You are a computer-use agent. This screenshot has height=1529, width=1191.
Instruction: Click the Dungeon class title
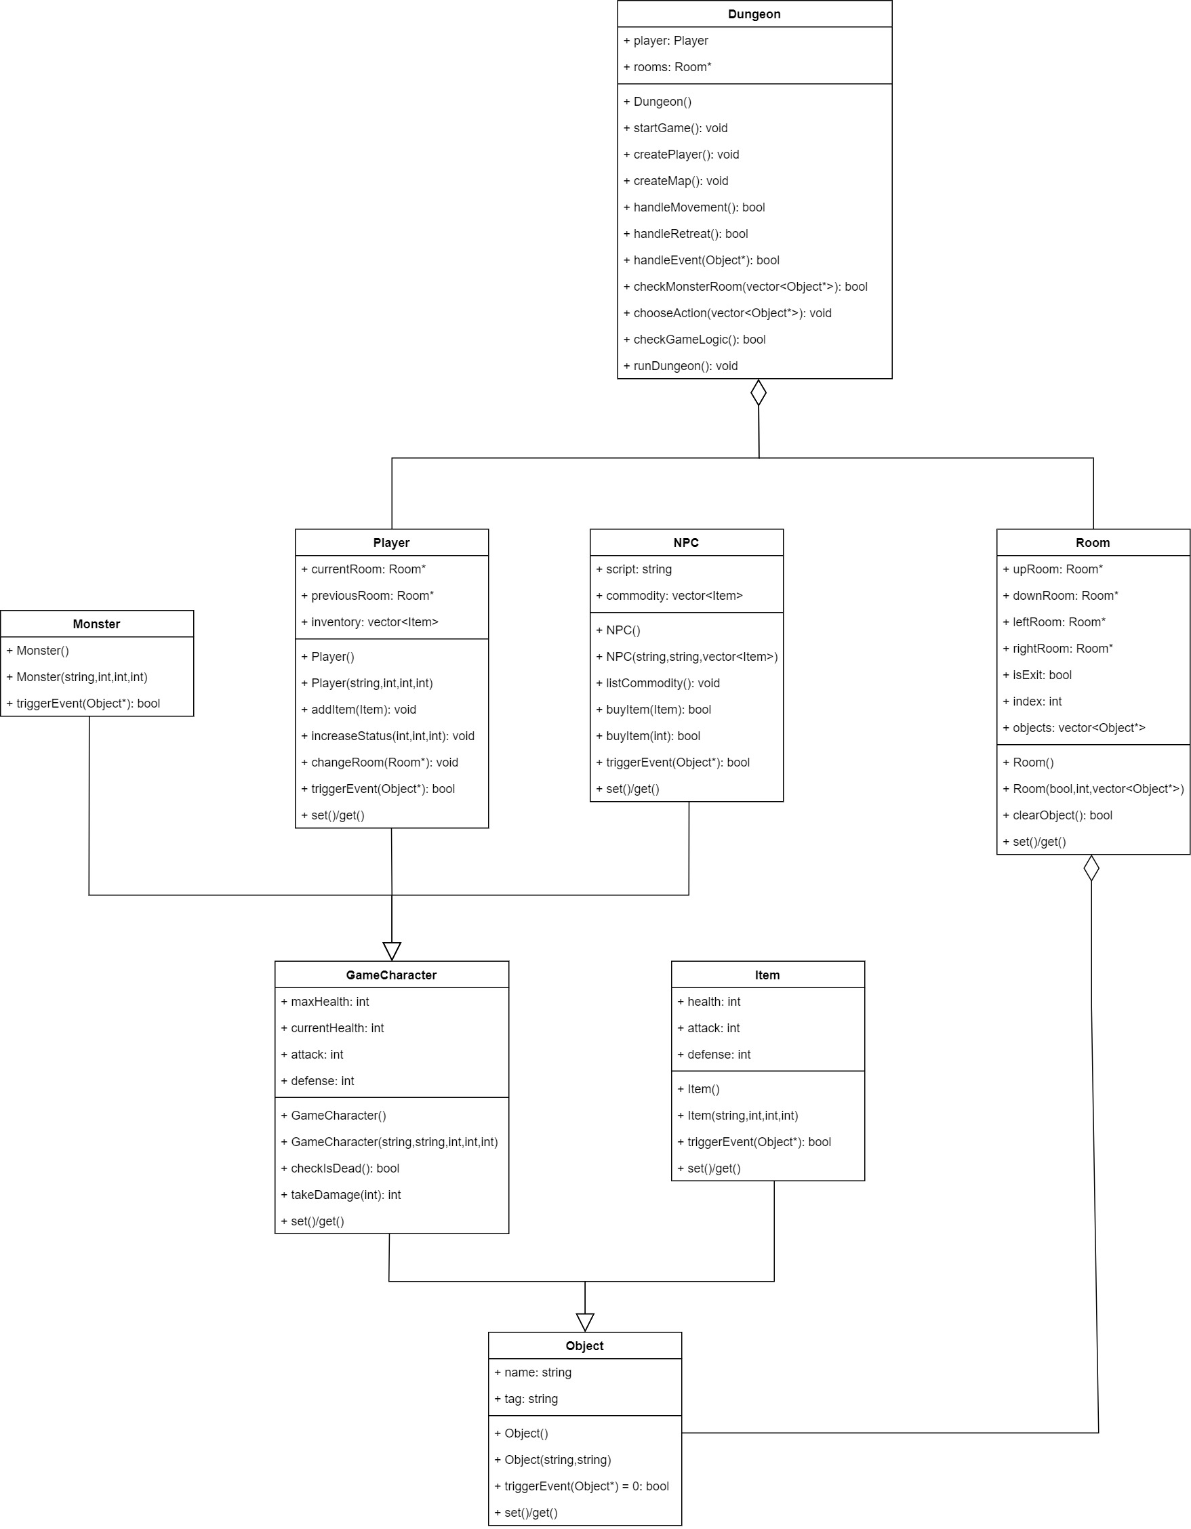pos(754,14)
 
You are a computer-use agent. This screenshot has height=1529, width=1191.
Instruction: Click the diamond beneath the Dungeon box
pos(759,392)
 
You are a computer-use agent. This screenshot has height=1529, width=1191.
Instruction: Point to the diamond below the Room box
pos(1091,868)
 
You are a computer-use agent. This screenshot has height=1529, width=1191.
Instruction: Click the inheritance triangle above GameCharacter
pos(392,951)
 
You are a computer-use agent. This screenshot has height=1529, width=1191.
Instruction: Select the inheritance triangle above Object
pos(584,1322)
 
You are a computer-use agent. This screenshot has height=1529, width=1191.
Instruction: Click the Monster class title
pos(97,624)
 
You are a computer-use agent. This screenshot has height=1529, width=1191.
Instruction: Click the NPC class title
pos(686,543)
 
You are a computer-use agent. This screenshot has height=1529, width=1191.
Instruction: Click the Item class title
pos(767,975)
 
